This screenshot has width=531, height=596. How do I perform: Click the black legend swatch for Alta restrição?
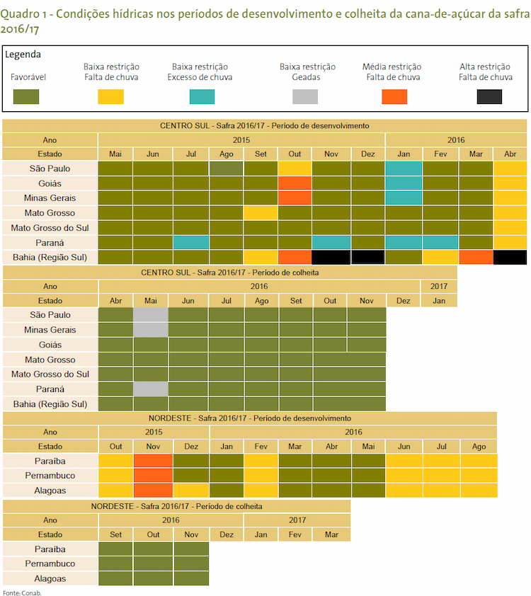(489, 96)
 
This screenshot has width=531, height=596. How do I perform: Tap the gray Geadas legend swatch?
(305, 96)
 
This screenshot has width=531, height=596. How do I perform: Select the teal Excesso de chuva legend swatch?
(202, 96)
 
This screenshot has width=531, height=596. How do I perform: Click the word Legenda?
(23, 55)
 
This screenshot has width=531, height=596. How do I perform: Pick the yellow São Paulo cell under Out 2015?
(295, 168)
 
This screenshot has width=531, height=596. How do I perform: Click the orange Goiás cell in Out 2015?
(295, 183)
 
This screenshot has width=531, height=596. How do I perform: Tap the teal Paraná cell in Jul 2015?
(191, 243)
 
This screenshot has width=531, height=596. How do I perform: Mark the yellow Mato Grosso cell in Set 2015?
(261, 213)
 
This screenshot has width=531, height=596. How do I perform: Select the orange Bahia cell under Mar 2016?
(476, 257)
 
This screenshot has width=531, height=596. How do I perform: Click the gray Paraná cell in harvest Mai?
(151, 389)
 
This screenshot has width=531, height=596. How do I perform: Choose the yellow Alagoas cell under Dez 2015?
(191, 491)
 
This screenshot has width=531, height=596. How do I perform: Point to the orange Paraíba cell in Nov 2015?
(153, 461)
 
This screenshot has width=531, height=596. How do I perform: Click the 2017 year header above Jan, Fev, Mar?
(297, 520)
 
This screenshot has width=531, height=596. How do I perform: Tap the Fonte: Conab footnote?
(22, 592)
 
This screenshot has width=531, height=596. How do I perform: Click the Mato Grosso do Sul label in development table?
(50, 228)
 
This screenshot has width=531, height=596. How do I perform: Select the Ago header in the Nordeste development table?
(479, 447)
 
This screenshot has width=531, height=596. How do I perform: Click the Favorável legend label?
(28, 76)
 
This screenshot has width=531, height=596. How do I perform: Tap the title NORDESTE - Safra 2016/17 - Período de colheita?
(176, 506)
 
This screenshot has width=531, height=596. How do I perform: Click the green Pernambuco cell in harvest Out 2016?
(153, 563)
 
